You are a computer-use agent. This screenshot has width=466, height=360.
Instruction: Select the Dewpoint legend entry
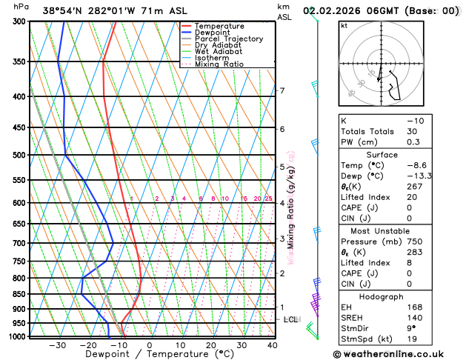coord(214,33)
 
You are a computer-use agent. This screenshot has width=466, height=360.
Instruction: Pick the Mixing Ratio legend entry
coord(219,64)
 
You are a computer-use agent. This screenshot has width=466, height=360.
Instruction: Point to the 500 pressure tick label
coord(20,156)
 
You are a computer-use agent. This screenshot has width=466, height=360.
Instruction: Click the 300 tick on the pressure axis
coord(20,21)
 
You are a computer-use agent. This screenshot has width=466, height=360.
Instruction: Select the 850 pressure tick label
coord(20,294)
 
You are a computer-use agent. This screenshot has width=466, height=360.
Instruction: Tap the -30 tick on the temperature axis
coord(57,345)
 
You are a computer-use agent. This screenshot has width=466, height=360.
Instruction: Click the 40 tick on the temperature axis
coord(273,345)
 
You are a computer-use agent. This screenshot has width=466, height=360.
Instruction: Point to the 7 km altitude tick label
coord(282,91)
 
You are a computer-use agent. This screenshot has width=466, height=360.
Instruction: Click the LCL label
coord(290,320)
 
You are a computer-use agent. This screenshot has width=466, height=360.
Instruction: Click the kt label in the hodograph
coord(344,25)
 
